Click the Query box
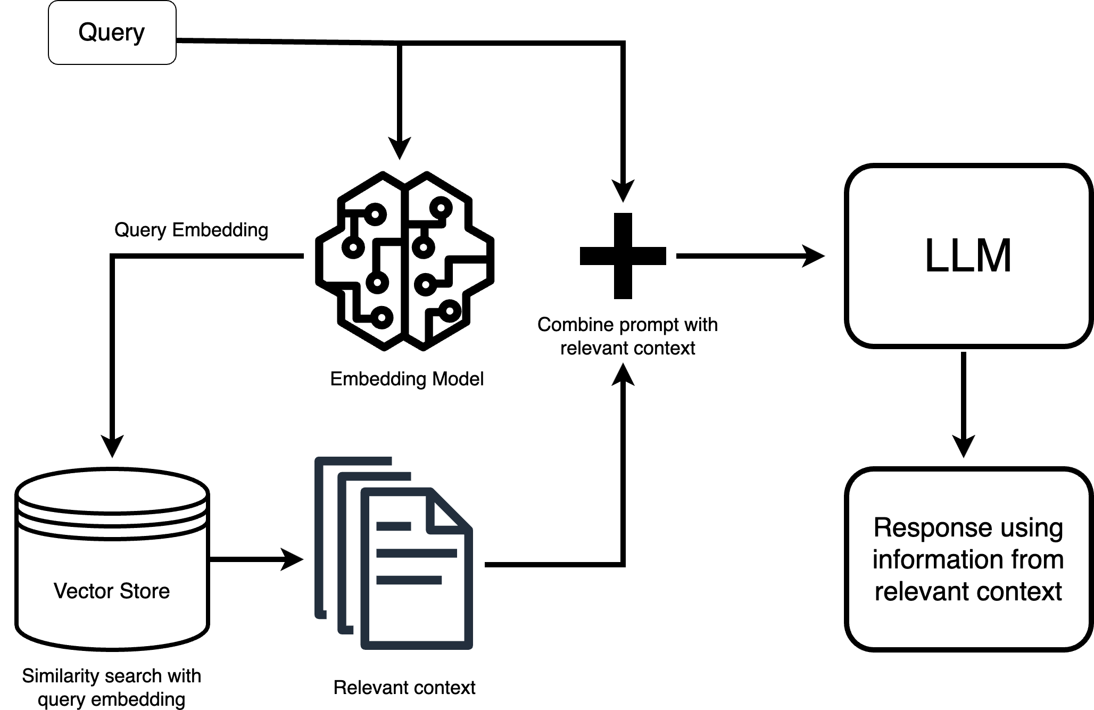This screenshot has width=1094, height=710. (112, 32)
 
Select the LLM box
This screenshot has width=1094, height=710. (968, 256)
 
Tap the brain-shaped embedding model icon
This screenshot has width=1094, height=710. (404, 261)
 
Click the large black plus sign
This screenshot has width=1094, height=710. (623, 256)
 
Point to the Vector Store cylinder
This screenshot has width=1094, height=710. (112, 559)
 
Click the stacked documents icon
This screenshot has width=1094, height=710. (394, 554)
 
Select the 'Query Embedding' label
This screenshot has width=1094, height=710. (191, 230)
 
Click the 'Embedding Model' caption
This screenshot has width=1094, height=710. (407, 379)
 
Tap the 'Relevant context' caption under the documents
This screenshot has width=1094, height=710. (404, 688)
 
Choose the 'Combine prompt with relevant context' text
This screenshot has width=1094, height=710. (627, 336)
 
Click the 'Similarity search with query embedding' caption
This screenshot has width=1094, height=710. (112, 687)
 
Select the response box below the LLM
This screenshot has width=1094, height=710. (968, 559)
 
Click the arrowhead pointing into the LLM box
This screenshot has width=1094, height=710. (814, 256)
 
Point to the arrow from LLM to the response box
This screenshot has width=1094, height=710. (964, 404)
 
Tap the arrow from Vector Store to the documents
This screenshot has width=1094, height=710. (255, 559)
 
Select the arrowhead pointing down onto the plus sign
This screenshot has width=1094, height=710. (623, 191)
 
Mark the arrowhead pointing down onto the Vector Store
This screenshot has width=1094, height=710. (112, 446)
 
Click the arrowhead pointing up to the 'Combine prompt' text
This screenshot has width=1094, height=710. (623, 374)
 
